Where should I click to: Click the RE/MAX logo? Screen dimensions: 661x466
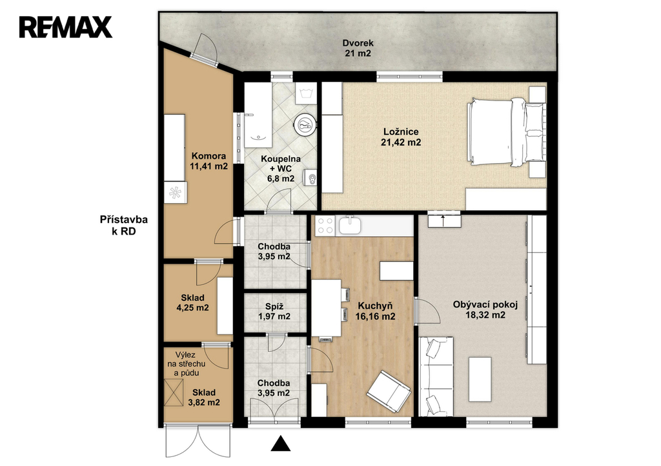coord(65,27)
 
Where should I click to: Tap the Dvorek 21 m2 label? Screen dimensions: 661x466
coord(358,48)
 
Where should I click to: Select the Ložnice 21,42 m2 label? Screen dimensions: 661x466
coord(401,137)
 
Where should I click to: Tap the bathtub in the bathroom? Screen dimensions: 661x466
coord(258,115)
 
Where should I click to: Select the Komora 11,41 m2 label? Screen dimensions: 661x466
coord(208,161)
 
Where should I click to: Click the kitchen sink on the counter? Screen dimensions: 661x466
coord(351,225)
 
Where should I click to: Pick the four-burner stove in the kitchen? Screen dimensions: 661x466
coord(325,225)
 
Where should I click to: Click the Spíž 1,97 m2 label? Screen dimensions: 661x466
coord(274,311)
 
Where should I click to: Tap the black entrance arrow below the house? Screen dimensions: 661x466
coord(280,443)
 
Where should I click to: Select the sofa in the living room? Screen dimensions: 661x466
coord(436,376)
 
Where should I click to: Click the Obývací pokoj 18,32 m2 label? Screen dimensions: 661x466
coord(485,309)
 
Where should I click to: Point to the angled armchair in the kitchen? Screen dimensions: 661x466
coord(389,391)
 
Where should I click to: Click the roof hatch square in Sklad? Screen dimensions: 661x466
coord(174,393)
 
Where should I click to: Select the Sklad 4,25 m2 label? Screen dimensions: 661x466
coord(192,303)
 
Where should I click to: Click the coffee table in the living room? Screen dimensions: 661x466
coord(480,379)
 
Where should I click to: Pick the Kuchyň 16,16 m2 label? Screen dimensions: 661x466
coord(375,311)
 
